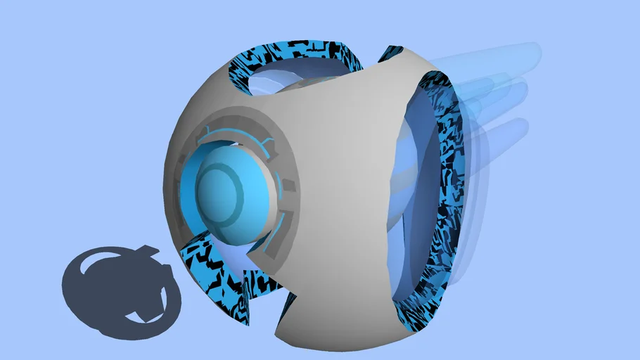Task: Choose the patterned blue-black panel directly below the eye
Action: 211,267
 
